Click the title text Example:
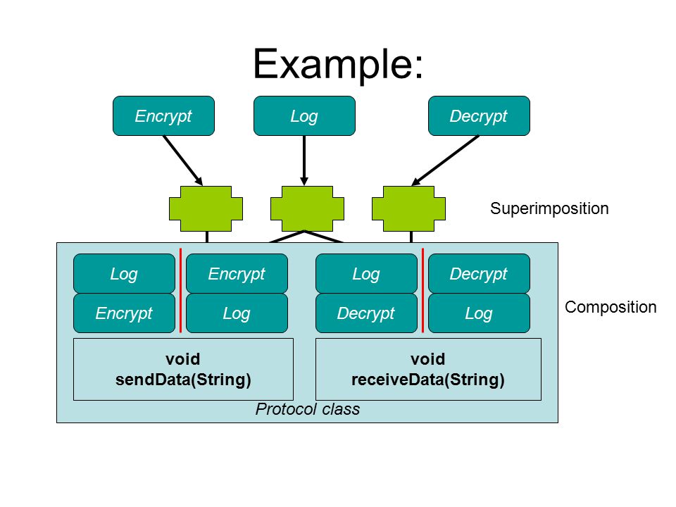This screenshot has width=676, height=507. coord(339,64)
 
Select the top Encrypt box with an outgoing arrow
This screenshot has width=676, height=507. coord(163,115)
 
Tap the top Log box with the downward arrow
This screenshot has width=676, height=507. coord(304,115)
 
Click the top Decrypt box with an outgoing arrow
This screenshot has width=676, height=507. coord(479,115)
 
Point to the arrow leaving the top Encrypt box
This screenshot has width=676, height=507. coord(183,161)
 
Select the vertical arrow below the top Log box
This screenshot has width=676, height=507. coord(304,161)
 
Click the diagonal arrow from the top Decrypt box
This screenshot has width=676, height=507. coord(445,161)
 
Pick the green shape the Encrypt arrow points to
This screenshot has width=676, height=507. coord(206,208)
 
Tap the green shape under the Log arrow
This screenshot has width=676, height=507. coord(308,208)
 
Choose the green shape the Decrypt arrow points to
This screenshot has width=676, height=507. coord(408,208)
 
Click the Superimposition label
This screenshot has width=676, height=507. coord(549,208)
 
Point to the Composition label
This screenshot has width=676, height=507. coord(611,307)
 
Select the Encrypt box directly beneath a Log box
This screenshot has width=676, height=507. coord(124,313)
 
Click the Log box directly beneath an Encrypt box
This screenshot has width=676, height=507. coord(237,313)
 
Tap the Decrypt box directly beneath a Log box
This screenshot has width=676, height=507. coord(366,313)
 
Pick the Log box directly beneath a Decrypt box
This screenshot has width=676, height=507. coord(479,313)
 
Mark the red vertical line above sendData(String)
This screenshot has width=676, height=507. coord(181,291)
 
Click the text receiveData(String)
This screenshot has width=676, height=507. coord(428,380)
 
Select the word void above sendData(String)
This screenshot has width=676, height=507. coord(183,358)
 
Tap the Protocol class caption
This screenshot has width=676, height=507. coord(308,409)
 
